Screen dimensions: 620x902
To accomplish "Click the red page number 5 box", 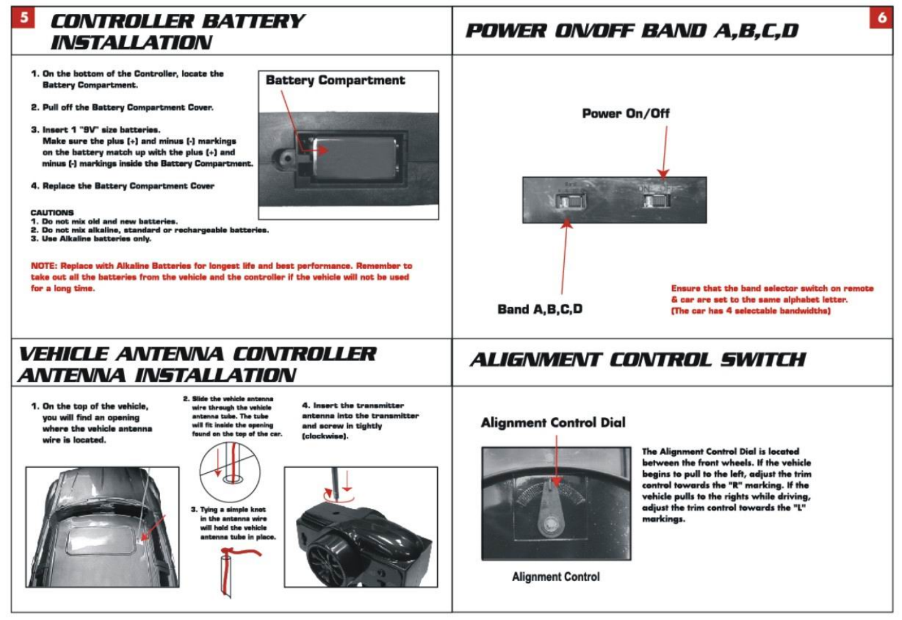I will tap(24, 17).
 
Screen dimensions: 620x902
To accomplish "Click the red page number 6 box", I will tap(882, 18).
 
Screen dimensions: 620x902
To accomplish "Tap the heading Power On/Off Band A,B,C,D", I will tap(631, 31).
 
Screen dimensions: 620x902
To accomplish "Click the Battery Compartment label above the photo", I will tap(335, 80).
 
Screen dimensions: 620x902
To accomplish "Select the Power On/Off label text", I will tap(626, 114).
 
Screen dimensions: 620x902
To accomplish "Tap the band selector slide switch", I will tap(569, 201).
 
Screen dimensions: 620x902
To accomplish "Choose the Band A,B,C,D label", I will tap(540, 309).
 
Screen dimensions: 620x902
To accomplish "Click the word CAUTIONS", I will tap(52, 212).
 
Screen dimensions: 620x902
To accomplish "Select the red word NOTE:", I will tap(43, 266).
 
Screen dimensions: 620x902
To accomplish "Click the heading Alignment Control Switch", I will tap(638, 360).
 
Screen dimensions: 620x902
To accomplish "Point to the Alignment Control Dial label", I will tap(553, 423).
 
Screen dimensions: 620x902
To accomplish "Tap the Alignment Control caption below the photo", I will tap(555, 577).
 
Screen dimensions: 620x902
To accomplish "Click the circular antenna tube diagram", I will tap(230, 471).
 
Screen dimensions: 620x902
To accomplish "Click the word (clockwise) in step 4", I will tap(325, 436).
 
